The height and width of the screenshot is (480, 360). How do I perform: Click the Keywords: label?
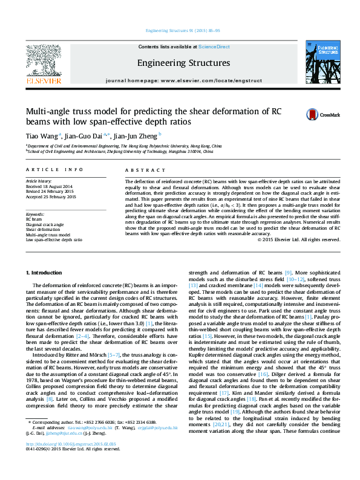pos(35,215)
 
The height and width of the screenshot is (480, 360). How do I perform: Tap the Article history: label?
pos(39,181)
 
